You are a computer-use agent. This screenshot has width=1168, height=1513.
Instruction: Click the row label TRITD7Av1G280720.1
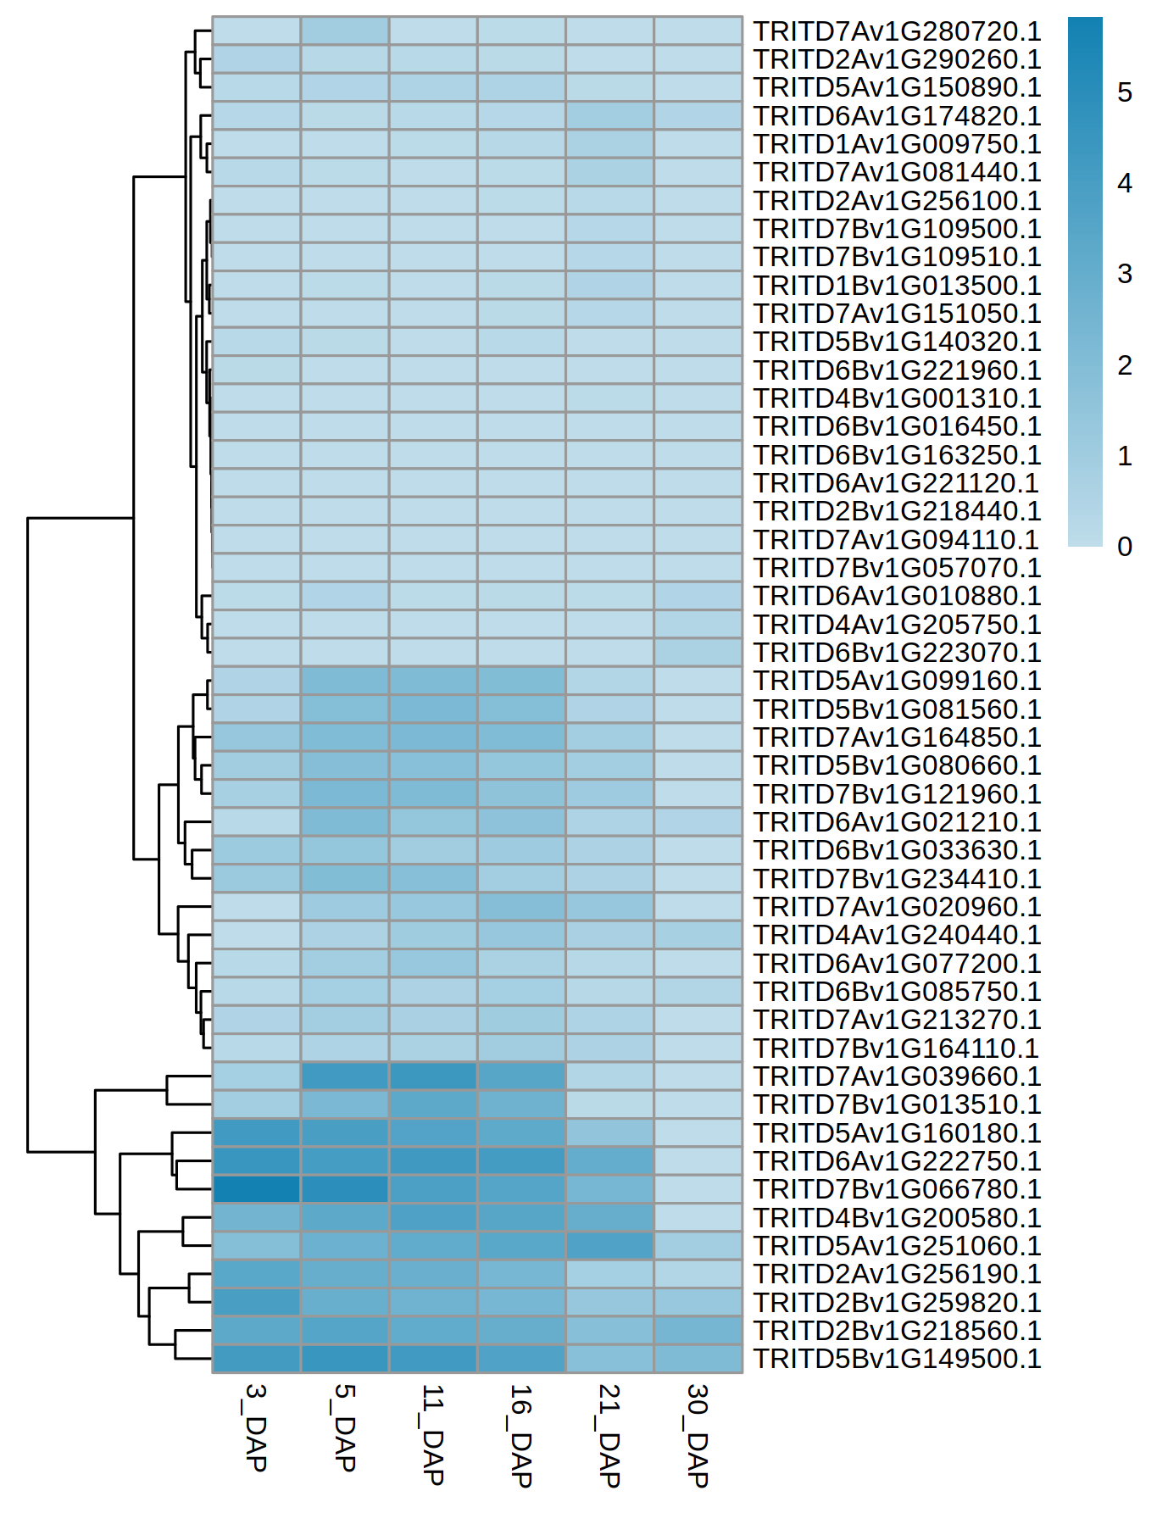pos(897,31)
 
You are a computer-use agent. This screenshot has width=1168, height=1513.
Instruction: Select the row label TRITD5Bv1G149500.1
pos(897,1359)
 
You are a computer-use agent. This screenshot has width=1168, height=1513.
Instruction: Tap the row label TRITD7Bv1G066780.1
pos(897,1189)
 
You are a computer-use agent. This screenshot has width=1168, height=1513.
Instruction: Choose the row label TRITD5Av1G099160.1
pos(897,681)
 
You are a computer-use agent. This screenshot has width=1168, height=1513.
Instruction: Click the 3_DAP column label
pos(256,1427)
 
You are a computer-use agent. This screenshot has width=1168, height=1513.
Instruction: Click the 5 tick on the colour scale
pos(1125,92)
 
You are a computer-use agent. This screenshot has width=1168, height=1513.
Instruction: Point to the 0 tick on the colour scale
pos(1125,547)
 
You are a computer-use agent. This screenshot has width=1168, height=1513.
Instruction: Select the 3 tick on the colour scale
pos(1125,274)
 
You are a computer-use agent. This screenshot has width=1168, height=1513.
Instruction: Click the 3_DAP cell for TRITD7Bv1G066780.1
pos(256,1189)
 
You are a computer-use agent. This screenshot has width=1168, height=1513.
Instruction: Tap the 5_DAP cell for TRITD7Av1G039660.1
pos(345,1076)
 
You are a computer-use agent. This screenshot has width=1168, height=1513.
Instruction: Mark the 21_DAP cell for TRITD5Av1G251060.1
pos(609,1246)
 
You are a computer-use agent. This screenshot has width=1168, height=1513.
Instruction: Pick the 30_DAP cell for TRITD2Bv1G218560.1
pos(698,1331)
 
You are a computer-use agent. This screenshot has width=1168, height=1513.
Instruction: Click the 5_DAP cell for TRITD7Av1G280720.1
pos(345,31)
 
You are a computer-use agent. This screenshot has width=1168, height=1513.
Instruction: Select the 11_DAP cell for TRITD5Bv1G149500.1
pos(433,1359)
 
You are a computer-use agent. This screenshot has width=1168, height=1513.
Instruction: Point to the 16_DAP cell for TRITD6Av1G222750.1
pos(521,1161)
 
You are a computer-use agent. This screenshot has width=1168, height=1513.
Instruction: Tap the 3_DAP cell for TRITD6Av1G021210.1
pos(256,822)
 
